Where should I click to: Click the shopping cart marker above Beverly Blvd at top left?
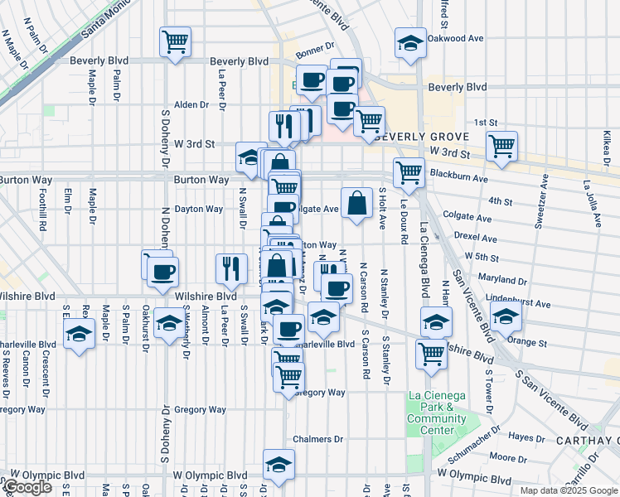(x=175, y=41)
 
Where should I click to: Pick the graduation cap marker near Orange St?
(x=506, y=316)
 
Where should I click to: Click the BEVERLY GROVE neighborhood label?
(x=422, y=137)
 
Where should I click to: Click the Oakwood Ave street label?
(x=456, y=38)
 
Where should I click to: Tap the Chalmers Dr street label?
(x=318, y=439)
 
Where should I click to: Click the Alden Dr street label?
(x=190, y=105)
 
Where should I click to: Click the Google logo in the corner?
(x=27, y=487)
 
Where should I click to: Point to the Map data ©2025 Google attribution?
(x=569, y=490)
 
